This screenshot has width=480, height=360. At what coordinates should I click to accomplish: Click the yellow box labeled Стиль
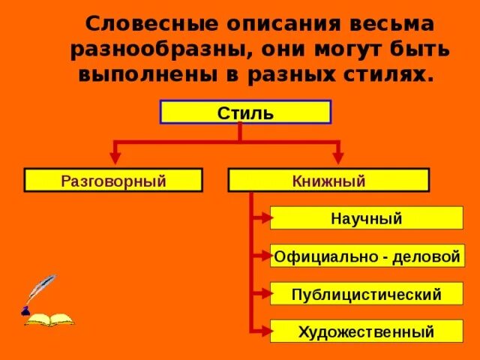(x=245, y=112)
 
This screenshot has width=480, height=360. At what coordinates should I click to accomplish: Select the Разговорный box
(x=113, y=180)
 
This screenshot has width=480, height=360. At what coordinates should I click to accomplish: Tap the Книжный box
(x=328, y=180)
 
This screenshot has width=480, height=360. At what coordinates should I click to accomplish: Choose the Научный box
(x=366, y=218)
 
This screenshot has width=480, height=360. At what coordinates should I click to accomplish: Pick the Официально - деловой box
(x=366, y=256)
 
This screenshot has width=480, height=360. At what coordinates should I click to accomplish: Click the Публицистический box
(x=366, y=294)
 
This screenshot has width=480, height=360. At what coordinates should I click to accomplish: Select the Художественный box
(x=366, y=331)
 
